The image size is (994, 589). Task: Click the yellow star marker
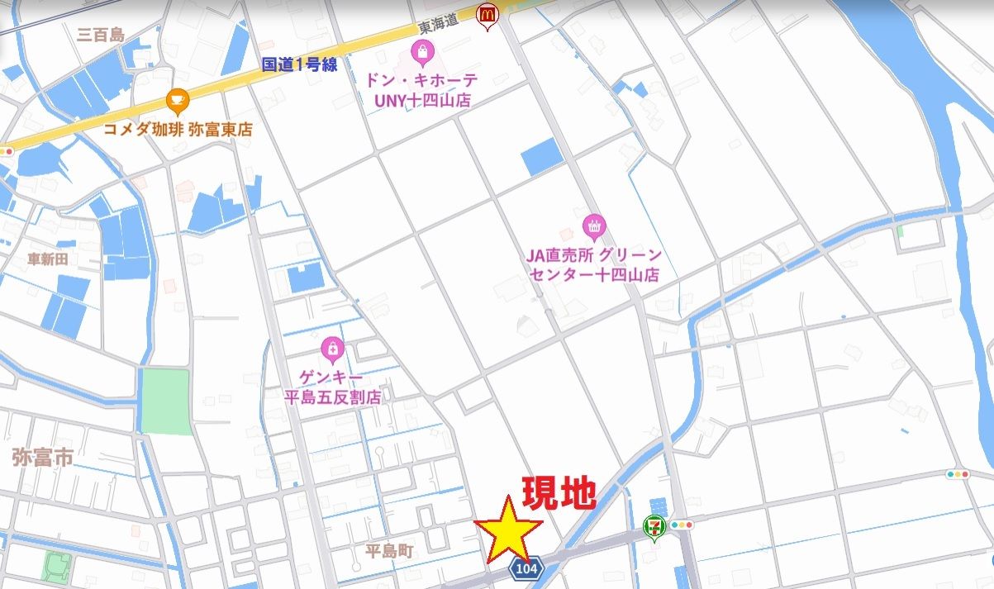point(507,530)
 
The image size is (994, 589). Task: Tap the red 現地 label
point(559,493)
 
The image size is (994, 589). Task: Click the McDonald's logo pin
point(487,14)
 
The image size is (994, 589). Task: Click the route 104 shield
point(524,569)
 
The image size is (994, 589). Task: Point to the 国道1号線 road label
point(299,65)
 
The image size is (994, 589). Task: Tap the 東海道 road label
point(438,26)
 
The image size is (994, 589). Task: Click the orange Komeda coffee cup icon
point(177,102)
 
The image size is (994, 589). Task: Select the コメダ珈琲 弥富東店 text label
point(178,130)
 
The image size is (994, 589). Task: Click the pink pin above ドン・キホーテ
point(422,55)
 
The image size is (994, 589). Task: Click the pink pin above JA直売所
point(593,225)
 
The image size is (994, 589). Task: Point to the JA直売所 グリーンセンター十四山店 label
point(594,265)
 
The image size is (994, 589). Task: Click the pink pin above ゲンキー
point(332,349)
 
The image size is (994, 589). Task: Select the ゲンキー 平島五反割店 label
point(332,387)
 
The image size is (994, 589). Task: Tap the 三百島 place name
point(100,36)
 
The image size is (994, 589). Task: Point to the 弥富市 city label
point(42,457)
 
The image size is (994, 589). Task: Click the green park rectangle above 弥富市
point(164,401)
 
